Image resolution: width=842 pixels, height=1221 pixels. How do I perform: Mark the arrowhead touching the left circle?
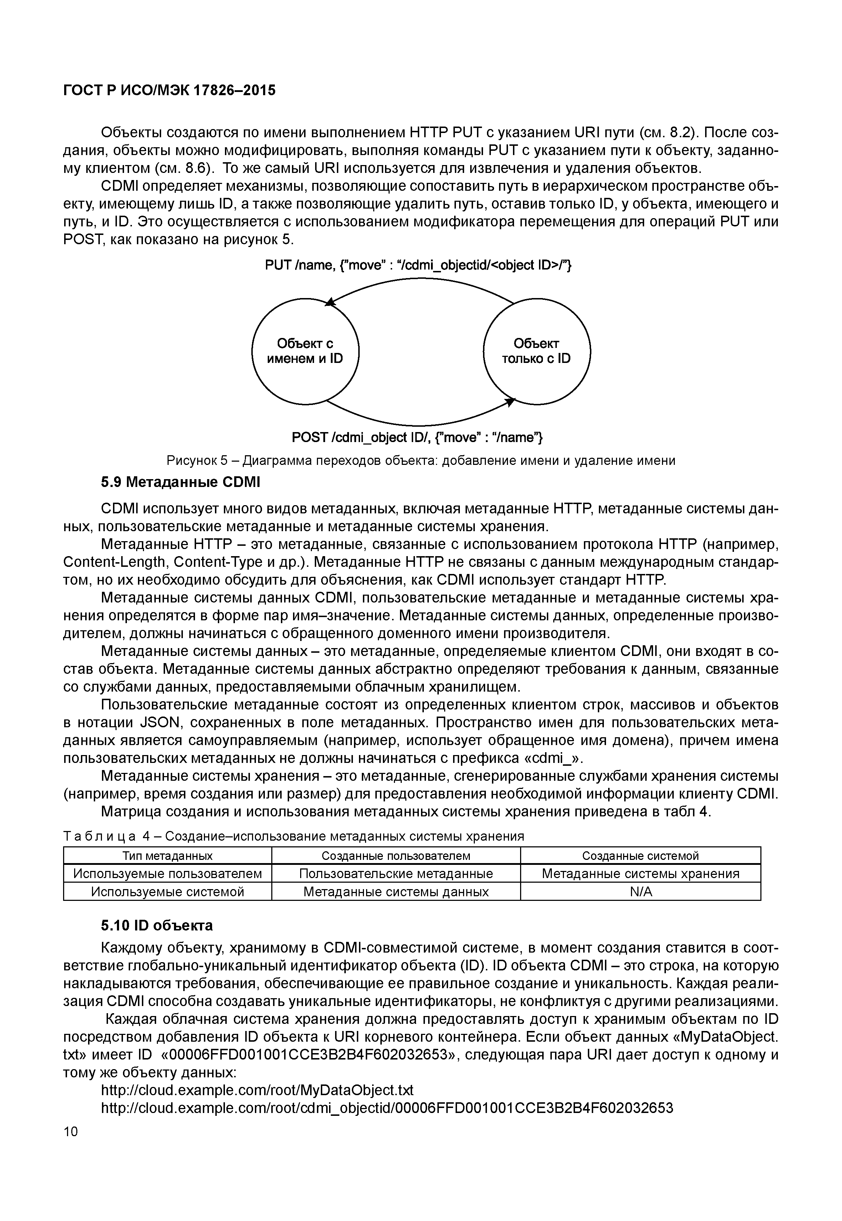[331, 302]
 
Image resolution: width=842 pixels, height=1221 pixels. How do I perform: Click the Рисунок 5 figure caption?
[421, 461]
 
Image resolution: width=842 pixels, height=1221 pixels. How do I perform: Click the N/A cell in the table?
[641, 892]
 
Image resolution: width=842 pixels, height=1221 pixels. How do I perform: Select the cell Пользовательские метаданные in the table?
[396, 874]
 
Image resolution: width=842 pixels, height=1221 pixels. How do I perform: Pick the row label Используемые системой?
[168, 892]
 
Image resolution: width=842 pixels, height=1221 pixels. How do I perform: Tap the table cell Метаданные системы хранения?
[641, 874]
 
